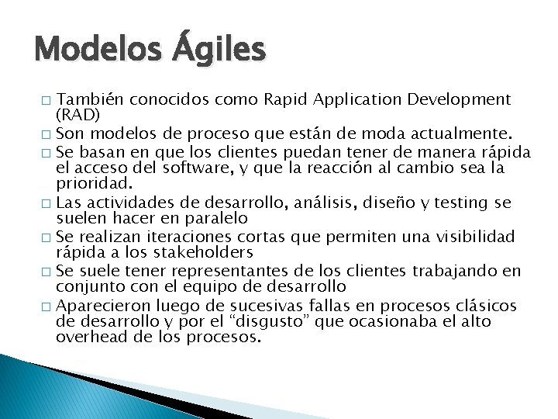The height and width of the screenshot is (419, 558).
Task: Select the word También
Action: point(91,99)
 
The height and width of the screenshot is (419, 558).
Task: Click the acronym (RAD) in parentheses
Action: point(78,114)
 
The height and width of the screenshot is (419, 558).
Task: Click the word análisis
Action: point(305,203)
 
